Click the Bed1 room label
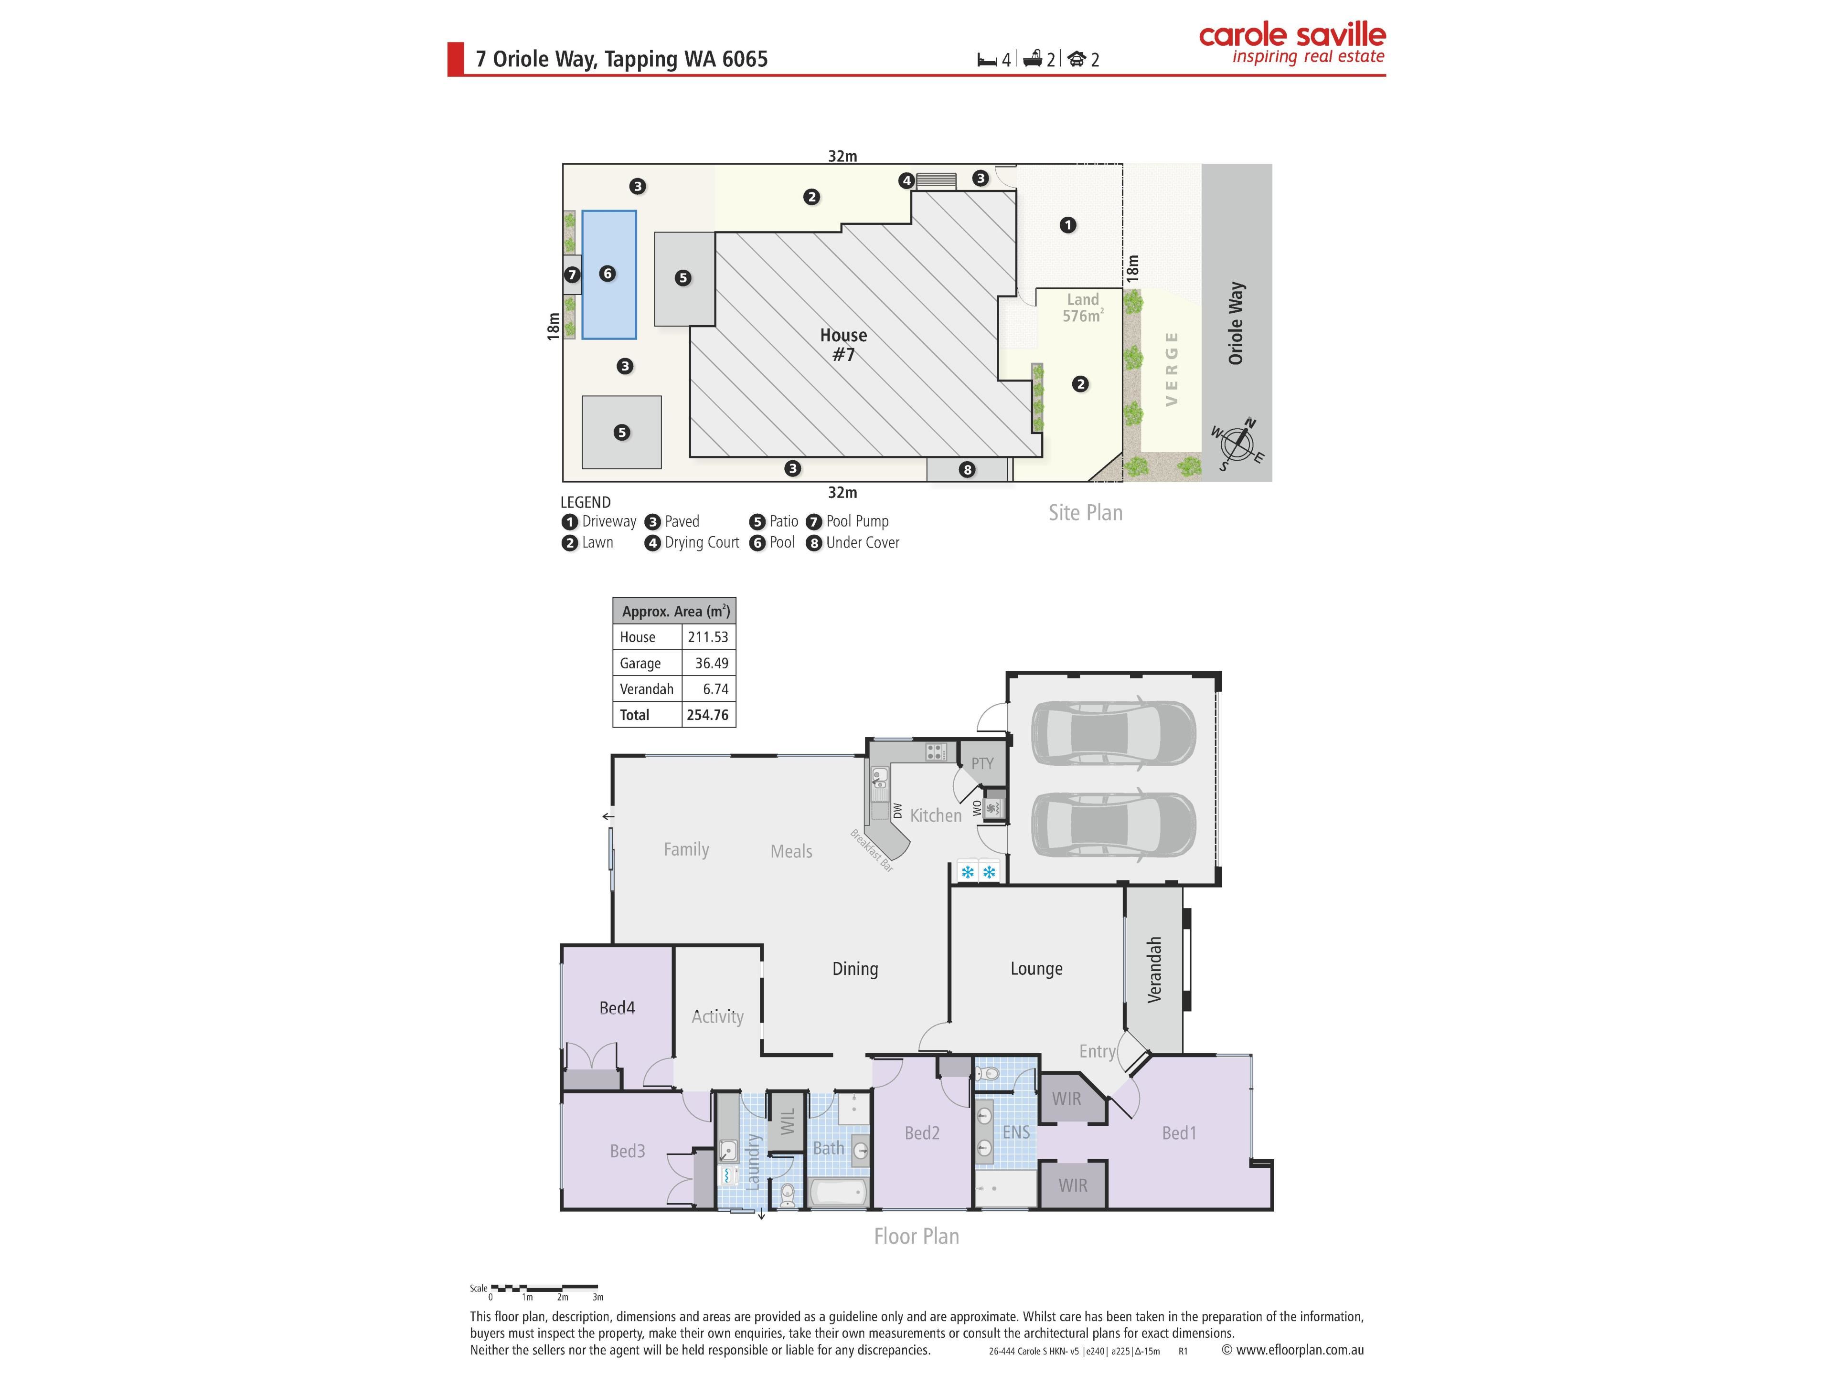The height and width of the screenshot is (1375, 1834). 1179,1133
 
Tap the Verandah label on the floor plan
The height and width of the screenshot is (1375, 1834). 1154,970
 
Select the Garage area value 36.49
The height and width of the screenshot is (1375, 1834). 711,663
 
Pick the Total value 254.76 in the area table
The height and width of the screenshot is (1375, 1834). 707,714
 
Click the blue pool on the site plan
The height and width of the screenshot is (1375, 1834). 608,275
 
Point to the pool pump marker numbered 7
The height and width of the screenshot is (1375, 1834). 572,275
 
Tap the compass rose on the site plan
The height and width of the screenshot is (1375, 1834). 1237,444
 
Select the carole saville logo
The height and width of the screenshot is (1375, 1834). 1292,43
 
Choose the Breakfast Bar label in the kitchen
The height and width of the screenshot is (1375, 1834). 872,850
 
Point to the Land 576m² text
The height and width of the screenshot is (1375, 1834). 1083,307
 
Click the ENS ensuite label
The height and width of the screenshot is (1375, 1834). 1016,1132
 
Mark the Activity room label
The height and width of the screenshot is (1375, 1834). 717,1017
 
